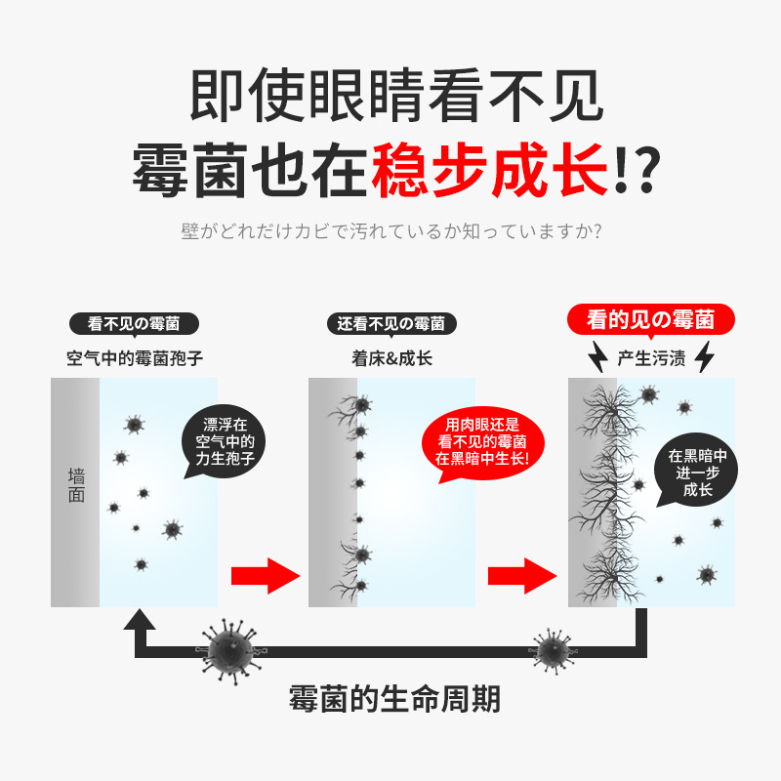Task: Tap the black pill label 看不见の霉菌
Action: [x=135, y=324]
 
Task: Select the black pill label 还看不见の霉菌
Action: [x=391, y=324]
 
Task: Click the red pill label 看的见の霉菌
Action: [x=651, y=319]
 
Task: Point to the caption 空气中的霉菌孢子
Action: [x=135, y=357]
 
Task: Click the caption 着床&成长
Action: [x=391, y=357]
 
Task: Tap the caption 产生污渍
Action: [x=651, y=358]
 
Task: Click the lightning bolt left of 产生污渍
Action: [x=597, y=358]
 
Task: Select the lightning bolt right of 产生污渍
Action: [x=704, y=358]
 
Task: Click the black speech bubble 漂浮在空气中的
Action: [x=225, y=442]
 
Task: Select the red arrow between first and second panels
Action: [x=265, y=575]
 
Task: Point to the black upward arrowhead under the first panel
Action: [x=142, y=623]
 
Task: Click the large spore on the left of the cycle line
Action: [x=231, y=648]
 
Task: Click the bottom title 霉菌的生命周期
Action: [x=395, y=699]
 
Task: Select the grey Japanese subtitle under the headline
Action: [x=390, y=232]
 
